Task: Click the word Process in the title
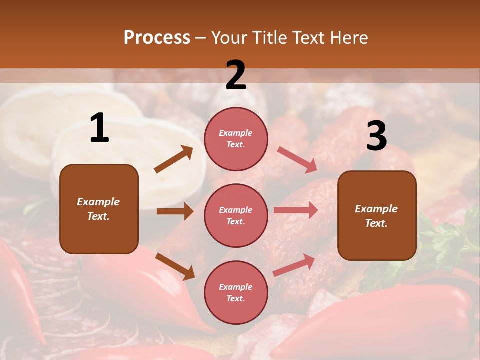[x=157, y=38]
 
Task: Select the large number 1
[x=99, y=128]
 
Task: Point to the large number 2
[x=236, y=75]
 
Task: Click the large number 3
[x=376, y=136]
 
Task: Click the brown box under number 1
[x=99, y=209]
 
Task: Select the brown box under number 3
[x=377, y=215]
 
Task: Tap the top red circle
[x=236, y=139]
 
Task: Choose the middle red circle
[x=236, y=215]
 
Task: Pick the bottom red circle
[x=236, y=292]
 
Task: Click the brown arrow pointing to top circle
[x=174, y=159]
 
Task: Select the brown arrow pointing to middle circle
[x=175, y=211]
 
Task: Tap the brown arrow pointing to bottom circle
[x=175, y=266]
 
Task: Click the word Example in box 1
[x=98, y=202]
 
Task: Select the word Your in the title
[x=229, y=38]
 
